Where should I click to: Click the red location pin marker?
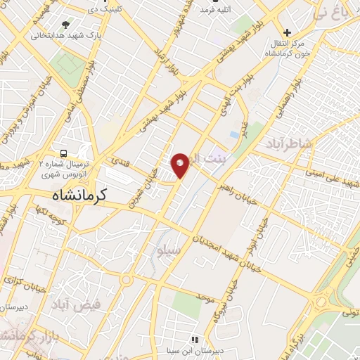pos(180,165)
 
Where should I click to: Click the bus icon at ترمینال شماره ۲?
pos(64,153)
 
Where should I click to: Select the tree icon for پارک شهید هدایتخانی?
pos(65,25)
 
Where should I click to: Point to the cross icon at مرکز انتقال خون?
pos(286,32)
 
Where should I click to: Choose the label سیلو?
pos(171,250)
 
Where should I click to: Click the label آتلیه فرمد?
pos(216,10)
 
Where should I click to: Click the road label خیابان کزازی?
pos(21,285)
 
